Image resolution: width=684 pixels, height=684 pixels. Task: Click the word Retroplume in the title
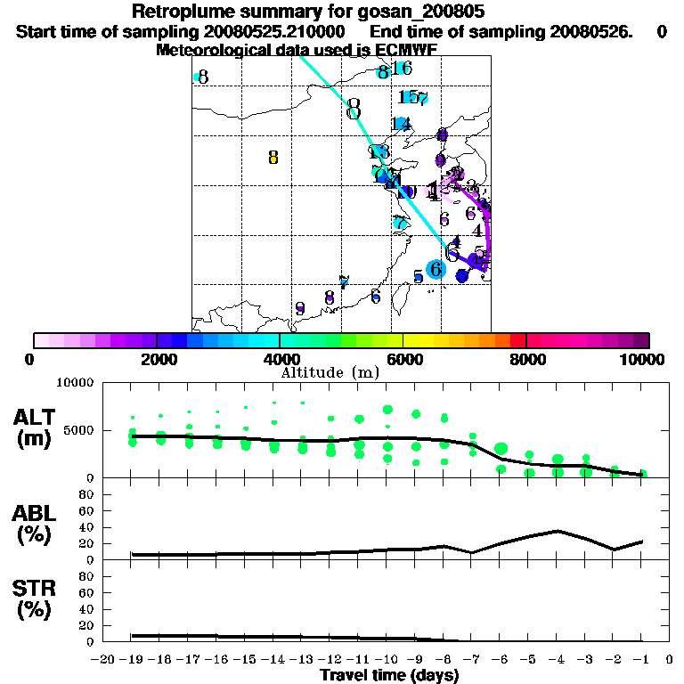pyautogui.click(x=175, y=12)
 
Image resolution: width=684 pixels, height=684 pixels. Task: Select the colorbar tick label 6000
pyautogui.click(x=403, y=359)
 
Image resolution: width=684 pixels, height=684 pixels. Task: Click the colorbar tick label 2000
pyautogui.click(x=157, y=359)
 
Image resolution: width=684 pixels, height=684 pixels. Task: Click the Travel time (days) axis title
pyautogui.click(x=389, y=676)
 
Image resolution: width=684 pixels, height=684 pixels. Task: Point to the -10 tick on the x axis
pyautogui.click(x=387, y=660)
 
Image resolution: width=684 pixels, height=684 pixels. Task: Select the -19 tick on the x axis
pyautogui.click(x=132, y=660)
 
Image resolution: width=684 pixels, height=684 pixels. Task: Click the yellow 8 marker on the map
pyautogui.click(x=273, y=158)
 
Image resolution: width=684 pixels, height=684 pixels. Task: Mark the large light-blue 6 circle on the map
pyautogui.click(x=436, y=268)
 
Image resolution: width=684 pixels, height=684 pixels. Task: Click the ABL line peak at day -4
pyautogui.click(x=558, y=531)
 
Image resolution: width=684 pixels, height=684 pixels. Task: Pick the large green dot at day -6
pyautogui.click(x=501, y=448)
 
